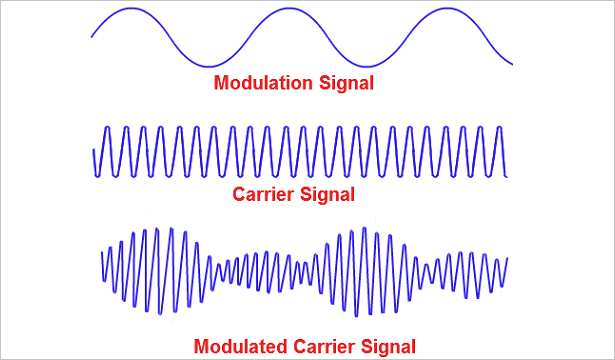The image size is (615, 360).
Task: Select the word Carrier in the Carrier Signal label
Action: click(x=265, y=192)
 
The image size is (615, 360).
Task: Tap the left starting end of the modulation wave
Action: click(x=91, y=37)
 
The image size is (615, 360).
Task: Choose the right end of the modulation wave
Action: click(x=513, y=64)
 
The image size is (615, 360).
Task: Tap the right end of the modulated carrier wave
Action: click(x=508, y=258)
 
